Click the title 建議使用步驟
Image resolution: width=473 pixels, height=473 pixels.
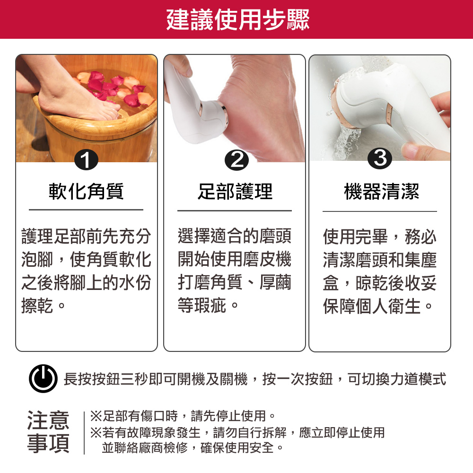238,19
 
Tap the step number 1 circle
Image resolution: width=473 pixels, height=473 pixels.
86,161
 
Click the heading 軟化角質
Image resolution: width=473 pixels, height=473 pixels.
86,192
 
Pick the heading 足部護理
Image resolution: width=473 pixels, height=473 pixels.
235,192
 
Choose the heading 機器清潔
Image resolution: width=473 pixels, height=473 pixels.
381,192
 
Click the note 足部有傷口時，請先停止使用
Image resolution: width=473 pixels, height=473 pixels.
183,416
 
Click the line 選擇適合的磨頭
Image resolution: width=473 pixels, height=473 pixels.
234,235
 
